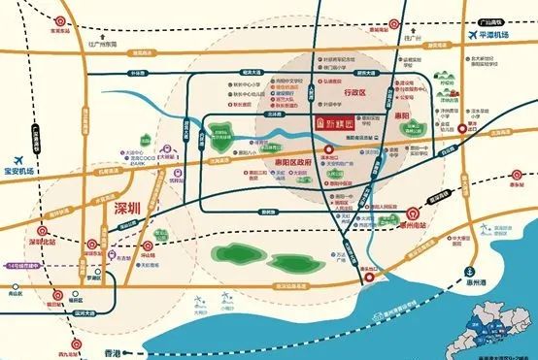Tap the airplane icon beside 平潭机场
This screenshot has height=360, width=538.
coord(476,37)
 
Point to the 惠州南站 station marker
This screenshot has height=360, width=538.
coord(411,213)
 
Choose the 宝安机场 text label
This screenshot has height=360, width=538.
coord(20,171)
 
